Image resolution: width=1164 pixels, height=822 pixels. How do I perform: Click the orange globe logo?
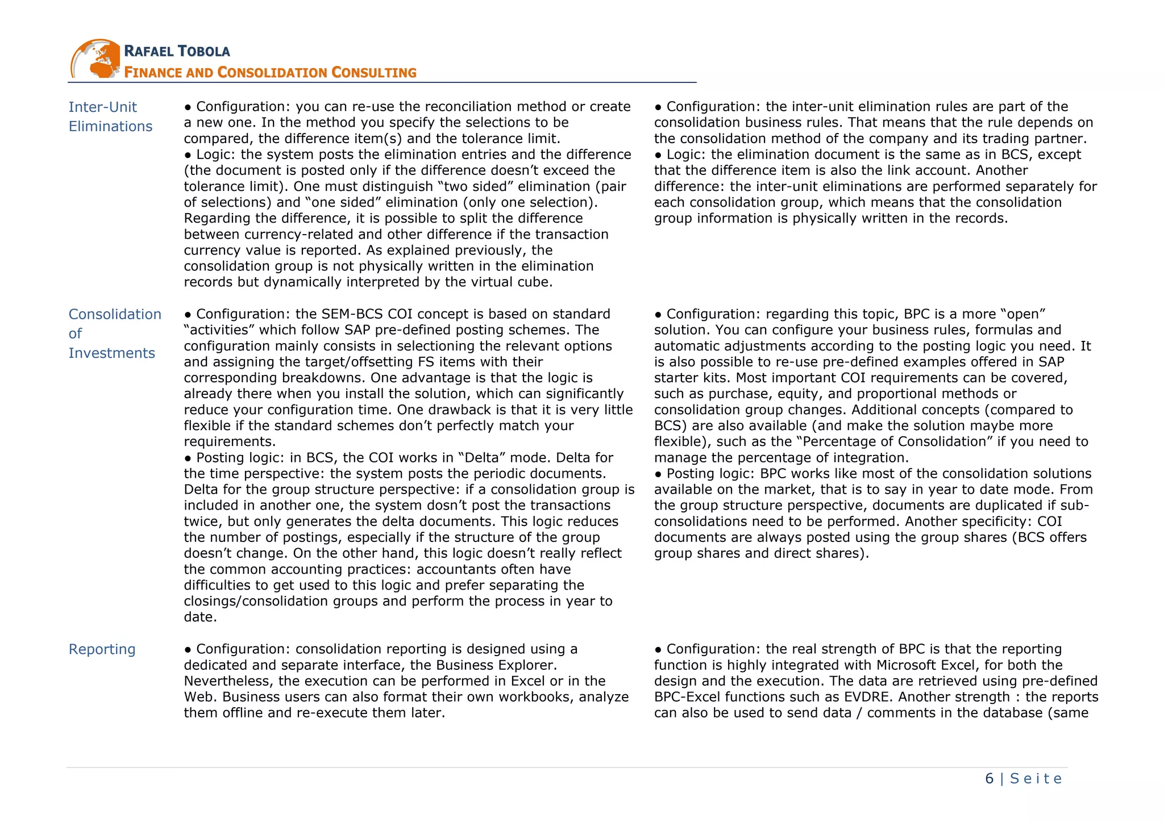click(95, 59)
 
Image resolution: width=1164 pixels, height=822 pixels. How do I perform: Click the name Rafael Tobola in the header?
click(177, 51)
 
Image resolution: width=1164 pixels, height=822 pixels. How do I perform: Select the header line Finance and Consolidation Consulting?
click(270, 73)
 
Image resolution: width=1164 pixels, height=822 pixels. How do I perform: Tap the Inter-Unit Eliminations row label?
click(110, 116)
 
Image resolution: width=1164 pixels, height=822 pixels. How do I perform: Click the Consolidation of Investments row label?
click(114, 333)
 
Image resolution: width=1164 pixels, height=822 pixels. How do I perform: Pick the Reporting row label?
click(102, 649)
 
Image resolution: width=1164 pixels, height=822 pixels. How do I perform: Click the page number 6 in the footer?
click(990, 778)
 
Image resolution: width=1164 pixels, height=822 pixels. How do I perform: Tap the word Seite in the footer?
click(1036, 778)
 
